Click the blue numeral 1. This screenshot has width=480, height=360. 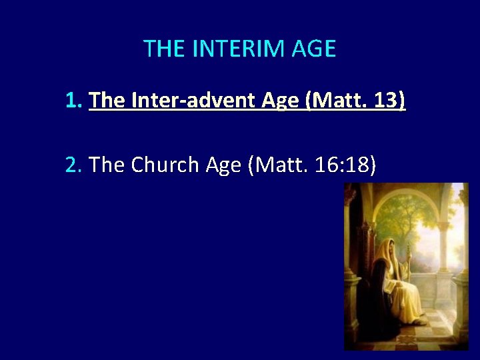coord(72,101)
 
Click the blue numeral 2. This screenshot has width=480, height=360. coord(72,165)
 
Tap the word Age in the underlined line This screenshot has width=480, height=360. coord(281,101)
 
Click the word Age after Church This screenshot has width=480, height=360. coord(223,165)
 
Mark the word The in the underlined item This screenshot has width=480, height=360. coord(107,101)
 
